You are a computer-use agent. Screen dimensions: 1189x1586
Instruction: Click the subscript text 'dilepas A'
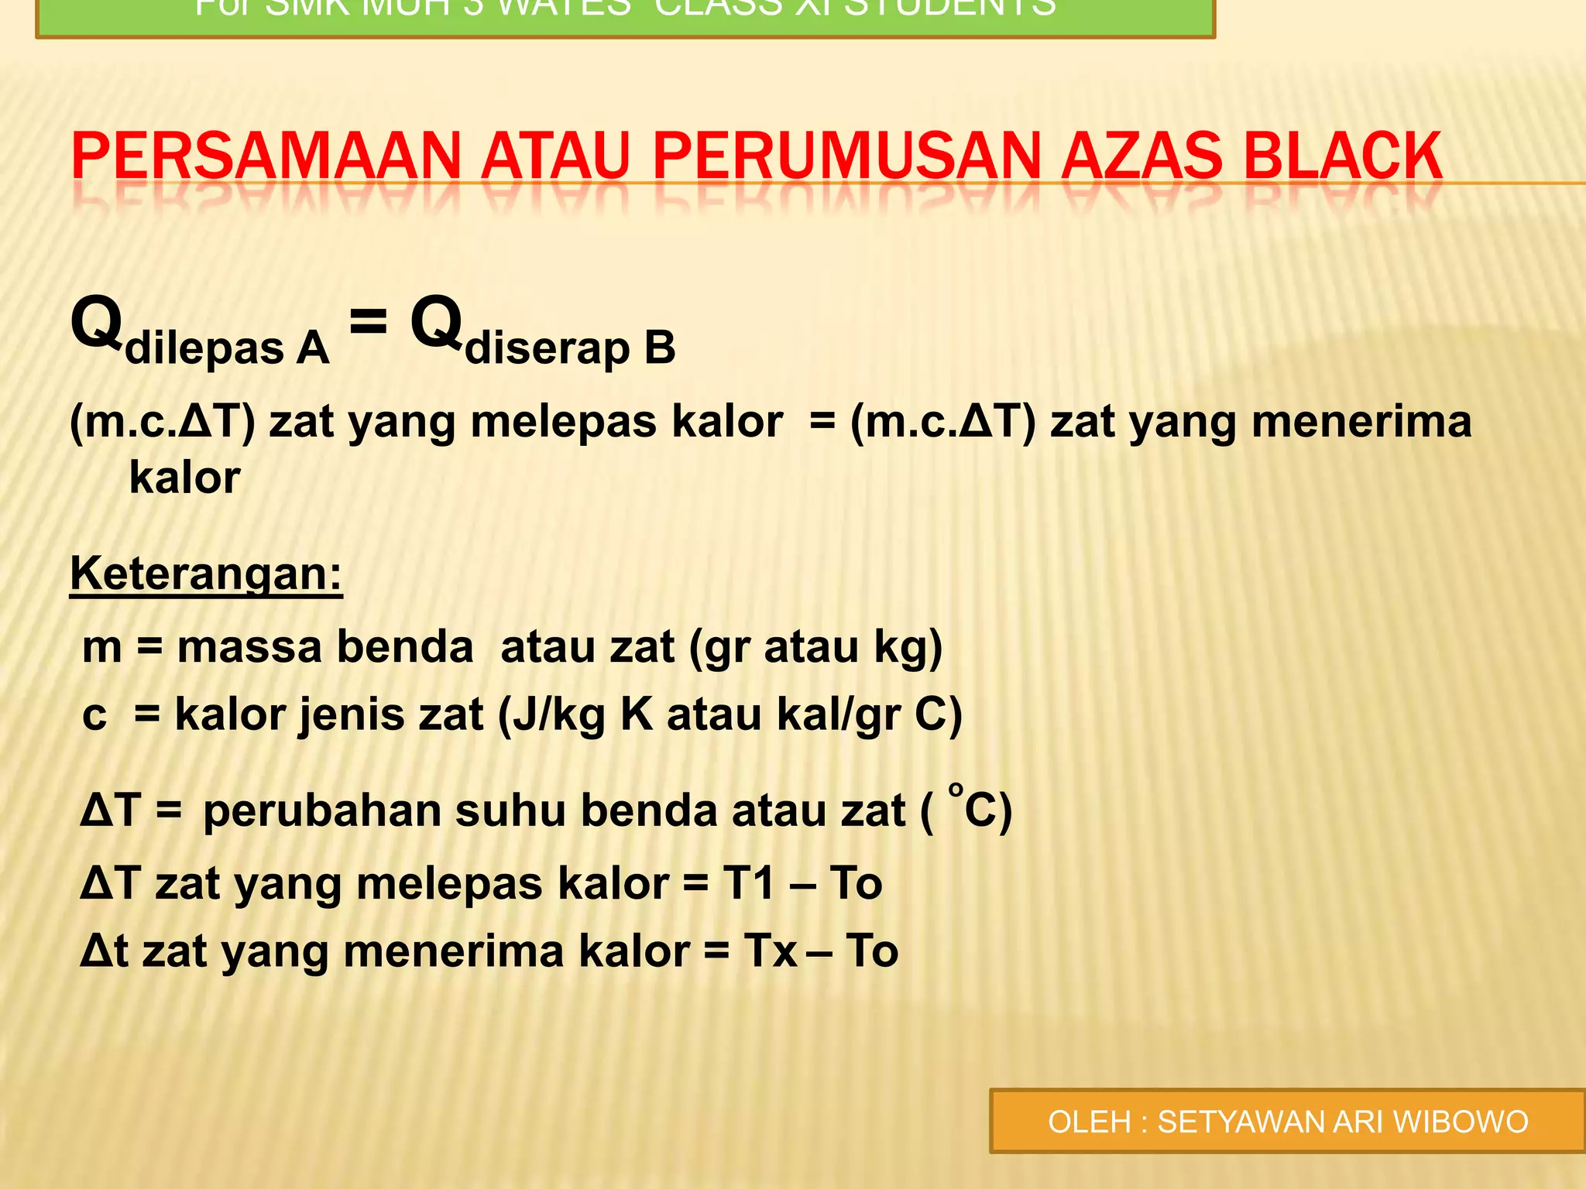click(227, 348)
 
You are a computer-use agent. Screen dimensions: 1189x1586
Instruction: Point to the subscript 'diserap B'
click(570, 348)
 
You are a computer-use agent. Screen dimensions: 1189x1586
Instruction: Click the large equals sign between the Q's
click(368, 320)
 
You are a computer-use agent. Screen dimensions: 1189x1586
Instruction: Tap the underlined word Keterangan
click(206, 574)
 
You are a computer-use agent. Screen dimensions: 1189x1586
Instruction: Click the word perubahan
click(322, 811)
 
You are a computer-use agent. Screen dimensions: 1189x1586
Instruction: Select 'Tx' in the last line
click(771, 951)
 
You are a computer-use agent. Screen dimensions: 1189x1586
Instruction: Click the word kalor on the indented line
click(184, 478)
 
